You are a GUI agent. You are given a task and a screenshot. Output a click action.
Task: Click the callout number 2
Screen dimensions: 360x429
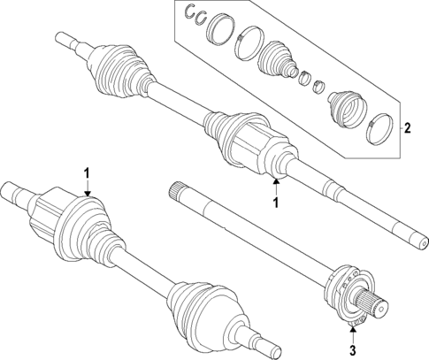point(408,128)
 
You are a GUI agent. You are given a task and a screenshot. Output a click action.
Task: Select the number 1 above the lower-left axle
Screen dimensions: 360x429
point(87,171)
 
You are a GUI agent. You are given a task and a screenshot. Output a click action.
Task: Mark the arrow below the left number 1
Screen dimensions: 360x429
point(87,190)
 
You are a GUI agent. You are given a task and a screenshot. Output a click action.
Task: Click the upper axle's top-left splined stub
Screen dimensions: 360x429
point(65,40)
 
